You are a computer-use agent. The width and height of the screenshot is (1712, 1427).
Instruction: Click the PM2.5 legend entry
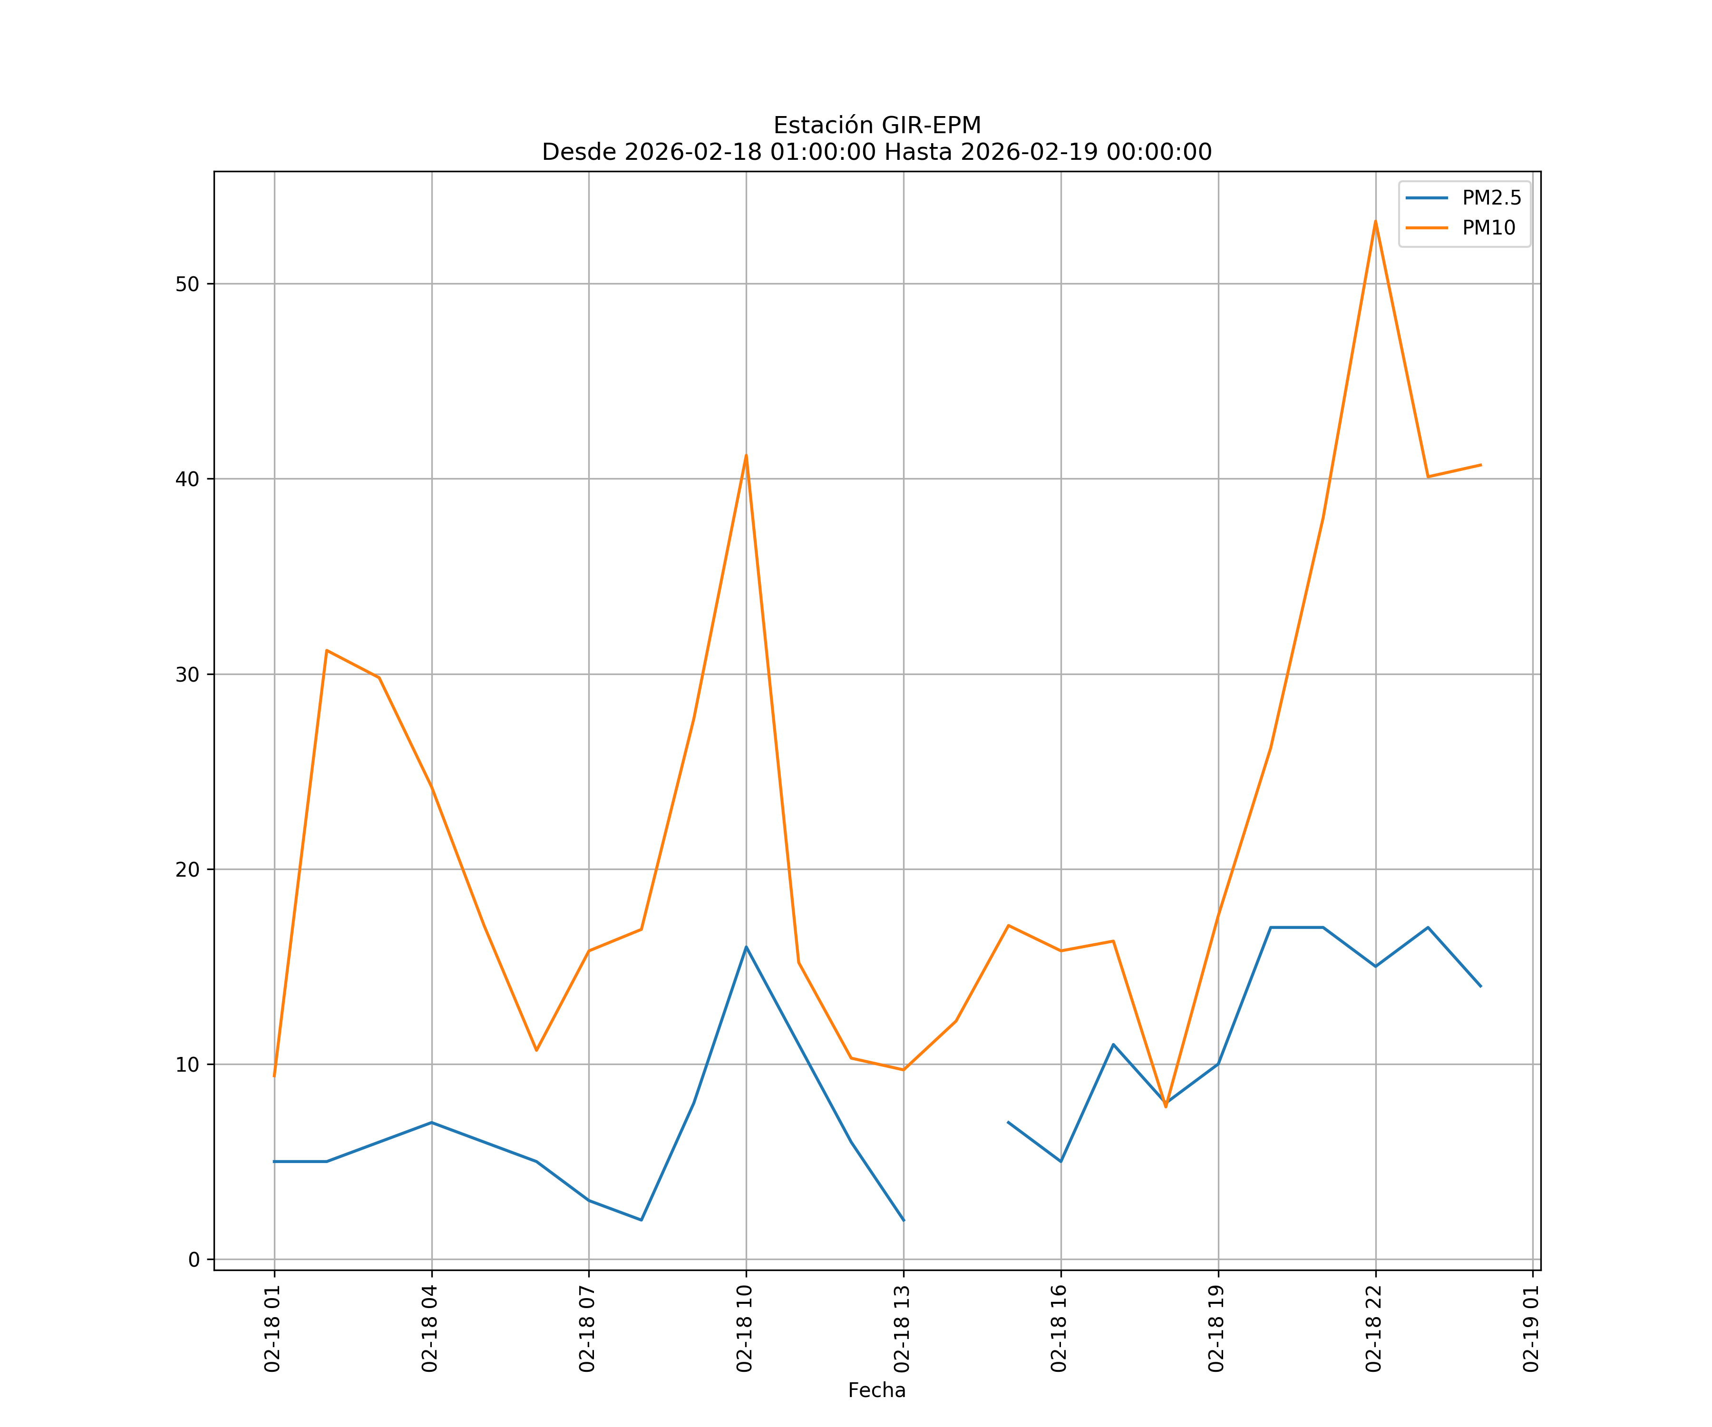pos(1491,198)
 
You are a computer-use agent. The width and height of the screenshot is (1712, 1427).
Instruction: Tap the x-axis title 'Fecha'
pos(876,1390)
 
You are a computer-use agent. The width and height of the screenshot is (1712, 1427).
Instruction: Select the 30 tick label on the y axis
pos(187,674)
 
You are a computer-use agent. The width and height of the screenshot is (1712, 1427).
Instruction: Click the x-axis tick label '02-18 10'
pos(745,1329)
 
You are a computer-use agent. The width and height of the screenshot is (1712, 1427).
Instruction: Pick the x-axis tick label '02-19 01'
pos(1532,1329)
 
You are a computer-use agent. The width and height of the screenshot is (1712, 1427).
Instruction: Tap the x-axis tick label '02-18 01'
pos(273,1329)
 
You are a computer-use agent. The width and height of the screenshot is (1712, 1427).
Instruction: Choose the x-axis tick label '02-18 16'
pos(1060,1329)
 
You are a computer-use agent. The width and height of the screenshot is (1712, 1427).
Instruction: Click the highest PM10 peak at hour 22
pos(1375,221)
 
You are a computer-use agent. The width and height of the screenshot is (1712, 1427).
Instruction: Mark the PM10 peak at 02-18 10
pos(746,455)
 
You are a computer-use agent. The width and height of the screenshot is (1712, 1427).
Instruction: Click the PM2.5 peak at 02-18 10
pos(746,947)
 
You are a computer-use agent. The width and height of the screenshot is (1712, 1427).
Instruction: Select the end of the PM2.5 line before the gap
pos(903,1220)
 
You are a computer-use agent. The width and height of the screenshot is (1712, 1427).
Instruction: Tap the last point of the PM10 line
pos(1480,465)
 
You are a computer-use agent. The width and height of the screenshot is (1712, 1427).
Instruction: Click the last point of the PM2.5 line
pos(1480,986)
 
